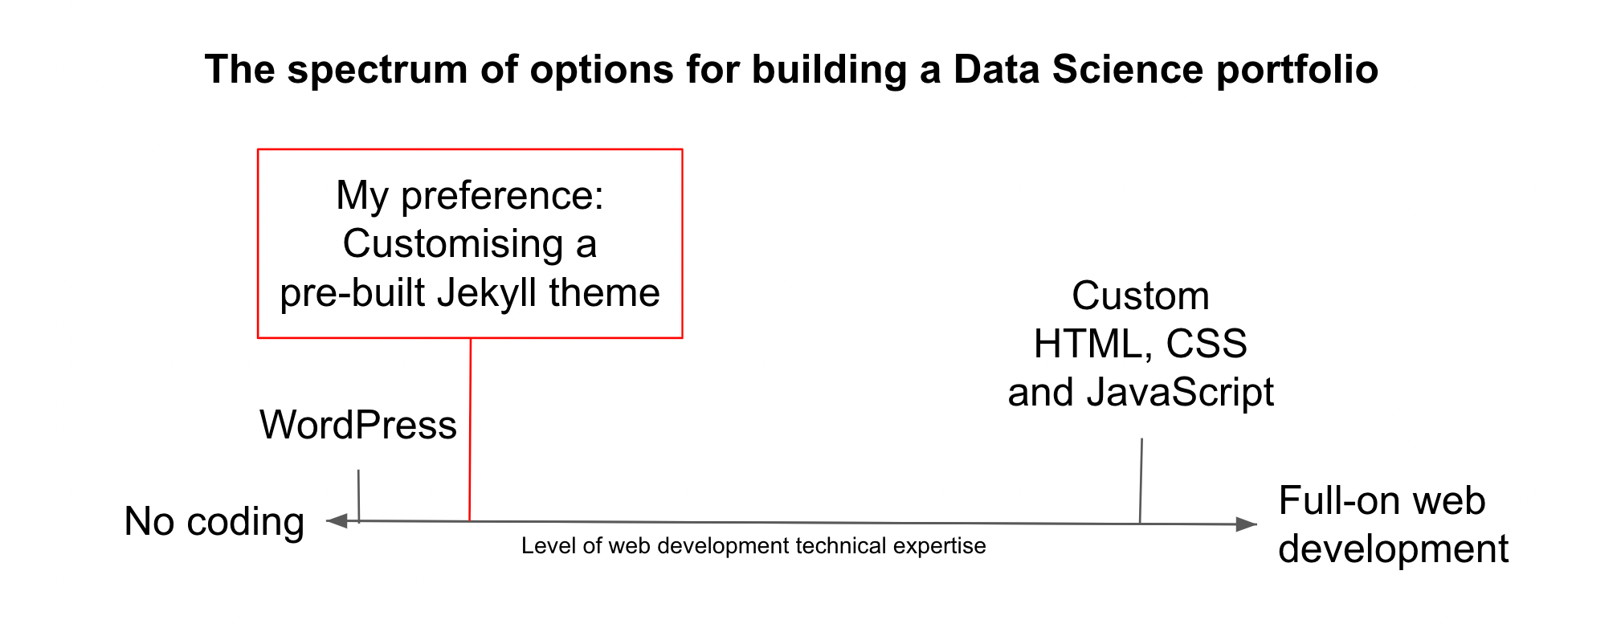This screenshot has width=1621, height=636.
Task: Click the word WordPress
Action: click(357, 425)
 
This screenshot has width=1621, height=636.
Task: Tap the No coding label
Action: click(214, 522)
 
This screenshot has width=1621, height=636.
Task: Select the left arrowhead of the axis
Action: click(337, 521)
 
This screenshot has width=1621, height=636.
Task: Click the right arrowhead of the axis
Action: click(1247, 524)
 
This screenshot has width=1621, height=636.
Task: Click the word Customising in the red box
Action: click(453, 244)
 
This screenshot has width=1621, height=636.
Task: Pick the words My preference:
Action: click(470, 196)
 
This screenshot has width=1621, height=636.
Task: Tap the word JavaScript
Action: click(1180, 393)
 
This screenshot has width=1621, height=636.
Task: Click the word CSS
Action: click(1207, 344)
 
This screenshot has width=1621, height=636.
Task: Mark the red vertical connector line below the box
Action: click(470, 430)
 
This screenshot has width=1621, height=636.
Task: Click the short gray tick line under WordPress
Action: click(359, 496)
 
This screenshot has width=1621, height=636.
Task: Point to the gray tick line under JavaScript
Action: click(1141, 481)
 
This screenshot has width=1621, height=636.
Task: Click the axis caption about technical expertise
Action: click(753, 546)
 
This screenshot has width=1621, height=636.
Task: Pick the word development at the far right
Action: click(1394, 550)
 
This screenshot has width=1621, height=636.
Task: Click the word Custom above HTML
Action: click(1141, 296)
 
